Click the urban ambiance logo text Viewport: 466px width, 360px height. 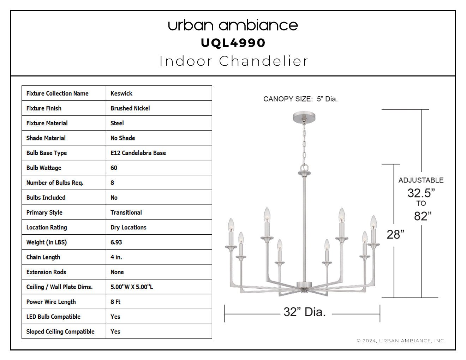tap(233, 25)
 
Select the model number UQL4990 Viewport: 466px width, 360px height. tap(233, 43)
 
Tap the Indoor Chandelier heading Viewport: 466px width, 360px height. tap(234, 61)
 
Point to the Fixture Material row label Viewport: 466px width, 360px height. tap(47, 123)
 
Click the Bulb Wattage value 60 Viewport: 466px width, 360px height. tap(114, 168)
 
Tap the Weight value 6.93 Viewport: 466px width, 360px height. tap(116, 242)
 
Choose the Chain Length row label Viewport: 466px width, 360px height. tap(43, 257)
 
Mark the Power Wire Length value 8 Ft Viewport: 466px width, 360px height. tap(115, 302)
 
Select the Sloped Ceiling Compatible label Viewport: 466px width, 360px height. tap(60, 331)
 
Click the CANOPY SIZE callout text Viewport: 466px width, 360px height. tap(300, 99)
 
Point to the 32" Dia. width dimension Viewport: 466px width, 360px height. tap(305, 312)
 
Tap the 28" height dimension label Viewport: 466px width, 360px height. tap(395, 234)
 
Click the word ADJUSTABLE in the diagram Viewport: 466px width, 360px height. tap(421, 180)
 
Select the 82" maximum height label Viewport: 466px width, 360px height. tap(423, 216)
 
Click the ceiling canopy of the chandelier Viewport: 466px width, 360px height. tap(304, 116)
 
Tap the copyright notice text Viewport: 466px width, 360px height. tap(401, 341)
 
